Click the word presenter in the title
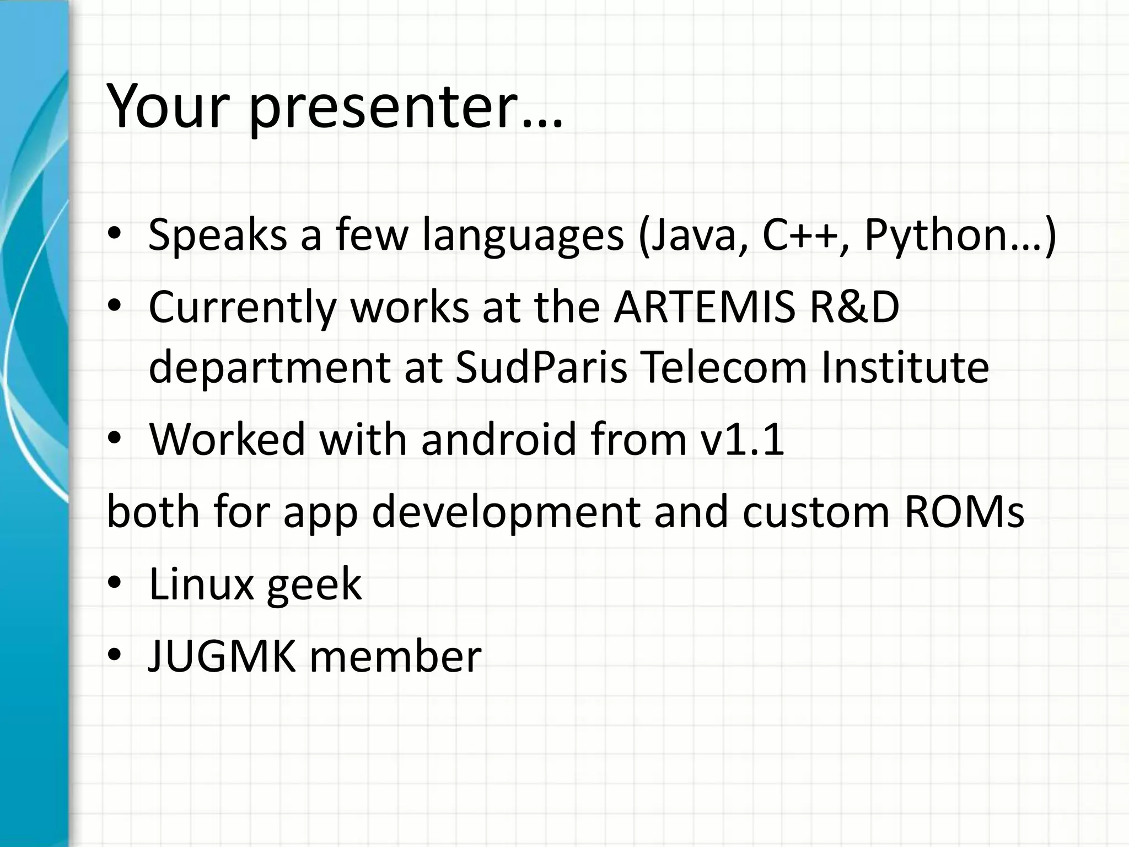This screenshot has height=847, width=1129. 405,108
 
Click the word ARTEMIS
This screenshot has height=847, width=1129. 705,307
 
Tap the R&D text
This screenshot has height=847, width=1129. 854,307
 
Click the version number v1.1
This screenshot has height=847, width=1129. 741,439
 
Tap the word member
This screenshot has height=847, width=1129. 395,656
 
